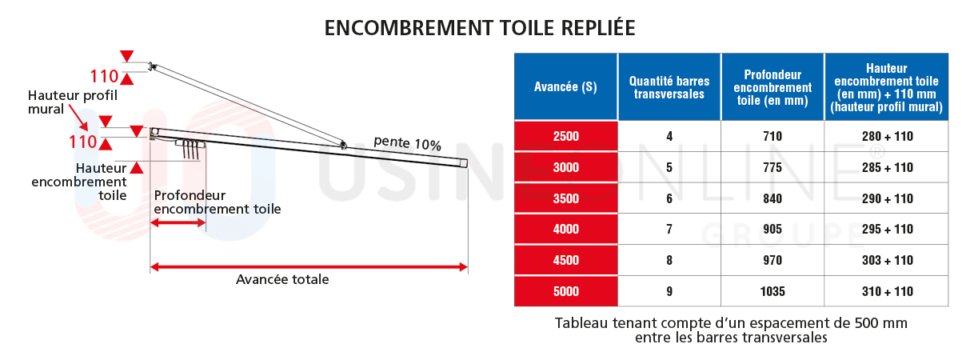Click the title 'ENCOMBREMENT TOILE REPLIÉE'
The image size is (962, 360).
tap(480, 27)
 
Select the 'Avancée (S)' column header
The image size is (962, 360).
tap(565, 87)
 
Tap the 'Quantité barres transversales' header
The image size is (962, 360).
tap(669, 87)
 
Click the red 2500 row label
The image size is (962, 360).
tap(565, 137)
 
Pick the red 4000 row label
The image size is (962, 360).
tap(565, 230)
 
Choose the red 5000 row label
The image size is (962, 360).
tap(565, 291)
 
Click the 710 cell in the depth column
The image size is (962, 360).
tap(772, 137)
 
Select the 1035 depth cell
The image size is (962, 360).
tap(772, 291)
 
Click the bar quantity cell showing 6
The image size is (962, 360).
tap(669, 198)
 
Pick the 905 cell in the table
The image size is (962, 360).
tap(772, 230)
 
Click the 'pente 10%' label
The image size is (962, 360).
tap(407, 144)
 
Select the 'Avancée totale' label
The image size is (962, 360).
tap(282, 280)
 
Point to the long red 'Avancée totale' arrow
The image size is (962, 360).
tap(309, 266)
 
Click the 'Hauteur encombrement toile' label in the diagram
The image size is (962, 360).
tap(80, 182)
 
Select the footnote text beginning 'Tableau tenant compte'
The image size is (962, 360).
tap(731, 330)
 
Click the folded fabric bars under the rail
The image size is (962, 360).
tap(190, 148)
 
